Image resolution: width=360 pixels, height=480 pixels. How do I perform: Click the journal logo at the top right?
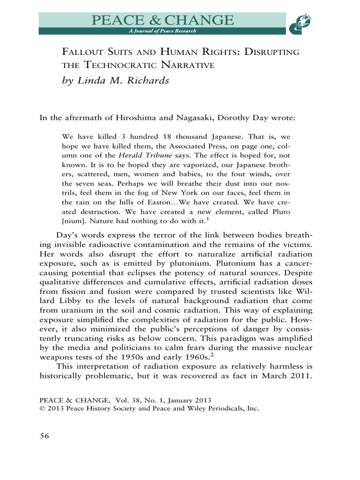coord(301,23)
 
